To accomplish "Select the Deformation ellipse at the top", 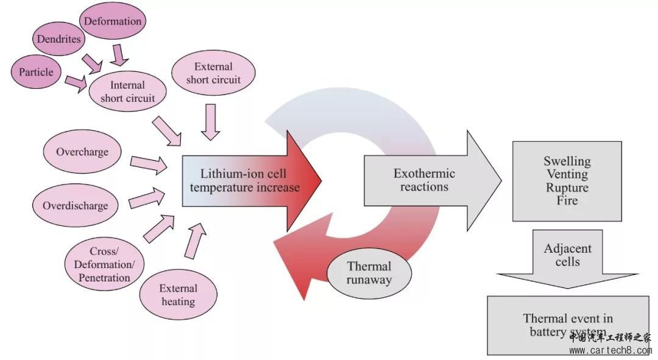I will [113, 21].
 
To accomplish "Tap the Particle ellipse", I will [35, 72].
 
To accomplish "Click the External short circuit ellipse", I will [213, 72].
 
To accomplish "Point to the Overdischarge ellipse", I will [75, 205].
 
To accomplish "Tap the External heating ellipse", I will [178, 295].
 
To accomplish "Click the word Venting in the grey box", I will [567, 175].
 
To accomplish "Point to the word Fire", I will [567, 200].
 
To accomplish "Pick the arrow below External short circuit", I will [210, 121].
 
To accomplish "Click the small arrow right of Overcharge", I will [148, 163].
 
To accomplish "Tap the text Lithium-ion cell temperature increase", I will [244, 181].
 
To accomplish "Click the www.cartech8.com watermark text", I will [609, 350].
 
